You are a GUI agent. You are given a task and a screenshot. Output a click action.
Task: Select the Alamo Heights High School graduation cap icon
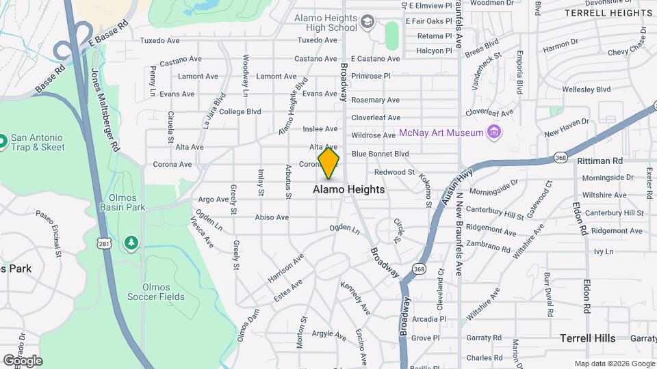[x=368, y=23]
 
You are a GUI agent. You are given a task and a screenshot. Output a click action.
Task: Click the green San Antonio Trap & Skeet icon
[x=3, y=141]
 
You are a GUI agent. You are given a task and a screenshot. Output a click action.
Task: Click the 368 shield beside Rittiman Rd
[x=560, y=157]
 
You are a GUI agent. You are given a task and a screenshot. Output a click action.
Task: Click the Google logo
[x=23, y=361]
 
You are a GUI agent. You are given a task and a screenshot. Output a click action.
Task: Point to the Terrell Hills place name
[x=587, y=338]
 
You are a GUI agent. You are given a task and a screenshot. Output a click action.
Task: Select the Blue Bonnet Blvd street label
[x=380, y=154]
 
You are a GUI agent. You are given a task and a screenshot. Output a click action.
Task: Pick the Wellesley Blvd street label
[x=586, y=90]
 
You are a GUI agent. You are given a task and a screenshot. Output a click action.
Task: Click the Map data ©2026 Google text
[x=614, y=364]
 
